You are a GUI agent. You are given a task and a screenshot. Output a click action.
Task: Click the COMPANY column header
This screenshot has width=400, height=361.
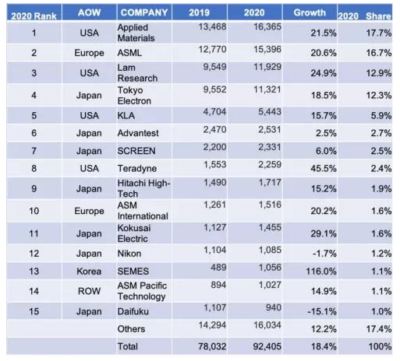pyautogui.click(x=144, y=12)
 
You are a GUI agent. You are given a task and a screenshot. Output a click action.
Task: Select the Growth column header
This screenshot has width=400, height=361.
pyautogui.click(x=310, y=12)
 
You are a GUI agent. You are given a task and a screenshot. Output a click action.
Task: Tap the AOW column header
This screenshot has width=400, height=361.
pyautogui.click(x=89, y=12)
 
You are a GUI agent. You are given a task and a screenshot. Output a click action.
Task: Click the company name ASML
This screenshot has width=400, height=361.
pyautogui.click(x=129, y=53)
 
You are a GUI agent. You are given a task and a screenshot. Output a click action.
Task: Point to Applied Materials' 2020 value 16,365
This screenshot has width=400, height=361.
pyautogui.click(x=267, y=26)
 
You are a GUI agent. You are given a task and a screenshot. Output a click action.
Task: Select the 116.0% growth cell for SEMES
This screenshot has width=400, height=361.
pyautogui.click(x=321, y=272)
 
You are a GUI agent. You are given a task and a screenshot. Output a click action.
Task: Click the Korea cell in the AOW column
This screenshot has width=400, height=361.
pyautogui.click(x=89, y=272)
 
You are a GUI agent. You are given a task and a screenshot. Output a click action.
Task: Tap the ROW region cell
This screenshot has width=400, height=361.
pyautogui.click(x=89, y=291)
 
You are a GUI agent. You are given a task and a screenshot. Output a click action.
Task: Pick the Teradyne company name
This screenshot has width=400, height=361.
pyautogui.click(x=137, y=169)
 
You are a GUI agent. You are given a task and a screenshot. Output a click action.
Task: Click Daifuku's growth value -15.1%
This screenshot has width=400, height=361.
pyautogui.click(x=322, y=311)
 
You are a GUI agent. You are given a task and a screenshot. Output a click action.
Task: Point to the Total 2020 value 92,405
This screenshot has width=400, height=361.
pyautogui.click(x=267, y=346)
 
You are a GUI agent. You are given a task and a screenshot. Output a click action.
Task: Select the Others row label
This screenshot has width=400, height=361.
pyautogui.click(x=131, y=329)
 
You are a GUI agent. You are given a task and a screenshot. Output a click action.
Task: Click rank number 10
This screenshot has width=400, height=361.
pyautogui.click(x=34, y=211)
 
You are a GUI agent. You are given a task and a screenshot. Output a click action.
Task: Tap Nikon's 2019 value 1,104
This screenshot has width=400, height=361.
pyautogui.click(x=214, y=250)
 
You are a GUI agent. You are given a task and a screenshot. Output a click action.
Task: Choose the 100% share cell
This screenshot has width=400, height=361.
pyautogui.click(x=380, y=346)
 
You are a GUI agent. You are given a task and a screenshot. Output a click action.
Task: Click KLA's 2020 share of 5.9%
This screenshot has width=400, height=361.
pyautogui.click(x=381, y=116)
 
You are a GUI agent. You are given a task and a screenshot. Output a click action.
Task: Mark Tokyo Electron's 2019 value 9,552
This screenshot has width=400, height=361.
pyautogui.click(x=214, y=89)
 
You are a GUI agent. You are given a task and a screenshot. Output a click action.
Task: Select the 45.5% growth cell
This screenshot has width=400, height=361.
pyautogui.click(x=324, y=169)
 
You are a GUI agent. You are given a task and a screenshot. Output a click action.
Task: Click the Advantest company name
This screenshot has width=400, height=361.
pyautogui.click(x=138, y=133)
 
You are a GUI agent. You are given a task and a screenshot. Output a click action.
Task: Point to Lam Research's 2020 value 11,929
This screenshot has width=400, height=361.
pyautogui.click(x=267, y=67)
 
